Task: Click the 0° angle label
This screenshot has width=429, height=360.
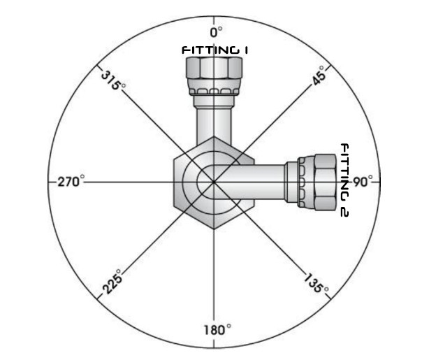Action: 216,31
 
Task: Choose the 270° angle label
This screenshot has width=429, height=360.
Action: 70,182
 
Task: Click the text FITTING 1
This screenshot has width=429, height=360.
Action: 216,50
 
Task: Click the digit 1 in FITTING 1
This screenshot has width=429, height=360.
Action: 246,50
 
